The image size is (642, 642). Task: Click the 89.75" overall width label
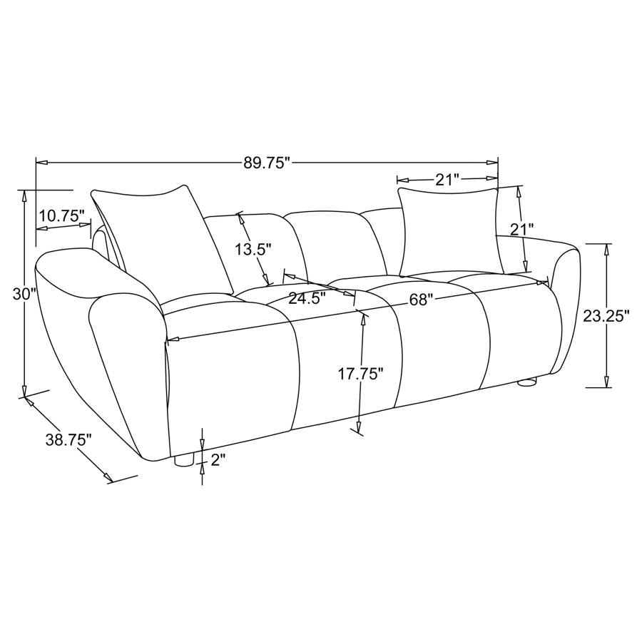267,163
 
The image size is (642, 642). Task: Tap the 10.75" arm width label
62,215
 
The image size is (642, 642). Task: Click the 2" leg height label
219,460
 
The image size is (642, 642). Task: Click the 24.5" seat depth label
307,297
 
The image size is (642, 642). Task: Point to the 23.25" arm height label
606,316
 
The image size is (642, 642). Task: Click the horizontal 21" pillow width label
447,180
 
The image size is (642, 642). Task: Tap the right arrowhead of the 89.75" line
493,163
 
